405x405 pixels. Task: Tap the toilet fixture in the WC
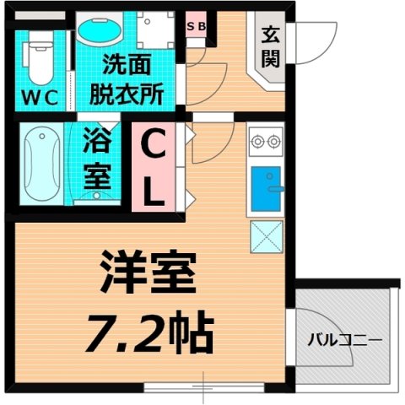[39, 56]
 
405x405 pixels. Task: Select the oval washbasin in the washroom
[99, 31]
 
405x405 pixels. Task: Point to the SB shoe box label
[196, 25]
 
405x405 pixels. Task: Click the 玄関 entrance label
[271, 47]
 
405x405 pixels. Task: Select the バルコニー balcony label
[343, 341]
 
